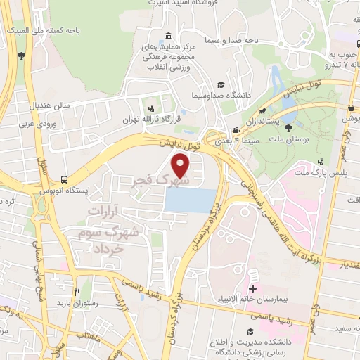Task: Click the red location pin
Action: coord(181,166)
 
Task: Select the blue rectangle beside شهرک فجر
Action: coord(191,200)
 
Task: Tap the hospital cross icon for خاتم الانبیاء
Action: coord(252,289)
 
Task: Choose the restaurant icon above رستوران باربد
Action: coord(79,292)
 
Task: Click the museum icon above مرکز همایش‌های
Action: coord(168,36)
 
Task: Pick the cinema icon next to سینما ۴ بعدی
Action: coord(236,131)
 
